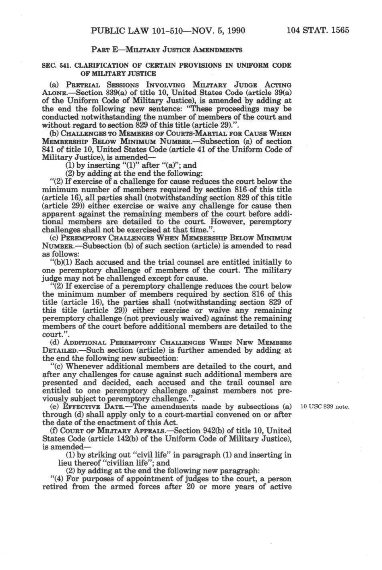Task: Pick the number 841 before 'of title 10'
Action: click(50, 149)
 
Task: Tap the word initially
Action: click(263, 262)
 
